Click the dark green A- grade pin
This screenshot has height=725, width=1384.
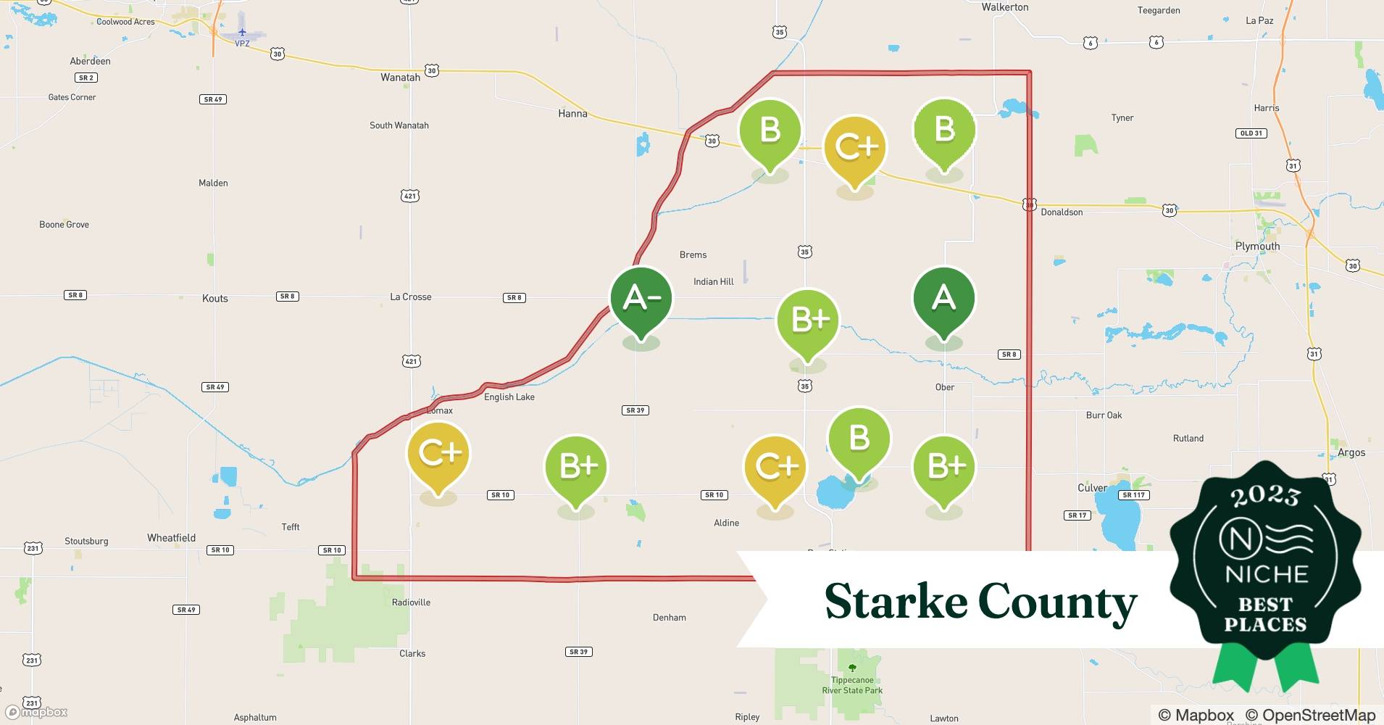[641, 299]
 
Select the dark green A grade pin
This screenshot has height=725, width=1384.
[943, 299]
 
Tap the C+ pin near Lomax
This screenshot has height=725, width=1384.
[438, 454]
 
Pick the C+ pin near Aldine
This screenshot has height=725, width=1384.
[775, 467]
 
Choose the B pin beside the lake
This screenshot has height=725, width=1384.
[859, 439]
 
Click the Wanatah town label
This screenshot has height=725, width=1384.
[400, 78]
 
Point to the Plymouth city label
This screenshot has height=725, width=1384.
[1257, 246]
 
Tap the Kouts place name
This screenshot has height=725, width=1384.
[215, 299]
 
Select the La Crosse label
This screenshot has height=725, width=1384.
[411, 297]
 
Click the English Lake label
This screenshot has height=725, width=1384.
[509, 397]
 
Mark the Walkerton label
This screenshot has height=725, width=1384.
[1005, 7]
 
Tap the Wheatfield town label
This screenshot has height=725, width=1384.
[172, 538]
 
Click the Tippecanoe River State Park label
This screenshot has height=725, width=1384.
[852, 685]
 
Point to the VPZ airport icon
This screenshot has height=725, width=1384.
[242, 33]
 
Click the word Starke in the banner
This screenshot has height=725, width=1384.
[896, 602]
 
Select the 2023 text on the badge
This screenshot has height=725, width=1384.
[1265, 496]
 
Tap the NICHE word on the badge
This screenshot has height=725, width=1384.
[1267, 575]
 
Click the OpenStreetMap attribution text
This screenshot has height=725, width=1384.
[1310, 716]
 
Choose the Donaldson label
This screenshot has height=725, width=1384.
[1062, 212]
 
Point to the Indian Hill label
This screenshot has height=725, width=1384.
[714, 282]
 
